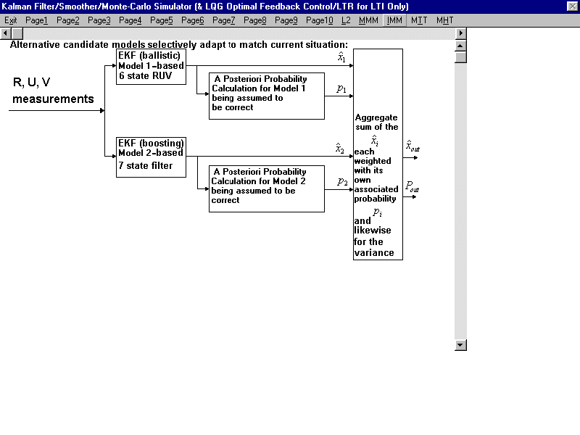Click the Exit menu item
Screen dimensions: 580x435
[x=11, y=20]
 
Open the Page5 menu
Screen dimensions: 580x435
[x=161, y=20]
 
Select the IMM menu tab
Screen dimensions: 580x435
[x=394, y=20]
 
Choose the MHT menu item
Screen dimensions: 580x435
[x=444, y=20]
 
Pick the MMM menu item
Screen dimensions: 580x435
[x=368, y=20]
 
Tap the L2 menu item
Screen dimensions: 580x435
[x=346, y=20]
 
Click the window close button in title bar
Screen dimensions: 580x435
[x=572, y=6]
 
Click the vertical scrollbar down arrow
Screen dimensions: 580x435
[x=460, y=345]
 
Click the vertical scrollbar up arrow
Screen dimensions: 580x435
[x=460, y=46]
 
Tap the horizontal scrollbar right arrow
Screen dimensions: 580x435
[x=460, y=33]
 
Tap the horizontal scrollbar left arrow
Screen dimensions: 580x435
[x=6, y=33]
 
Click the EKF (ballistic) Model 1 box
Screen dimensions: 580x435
[x=151, y=67]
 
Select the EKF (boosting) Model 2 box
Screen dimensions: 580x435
[x=151, y=157]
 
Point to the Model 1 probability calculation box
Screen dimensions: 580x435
[x=267, y=96]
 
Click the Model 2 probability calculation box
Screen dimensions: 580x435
[x=267, y=188]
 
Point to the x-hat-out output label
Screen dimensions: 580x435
[x=413, y=146]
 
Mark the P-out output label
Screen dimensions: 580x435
[x=412, y=186]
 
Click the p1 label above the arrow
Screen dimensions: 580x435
[x=341, y=88]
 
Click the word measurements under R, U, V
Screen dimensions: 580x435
[x=53, y=99]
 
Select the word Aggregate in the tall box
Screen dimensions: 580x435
[x=376, y=117]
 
